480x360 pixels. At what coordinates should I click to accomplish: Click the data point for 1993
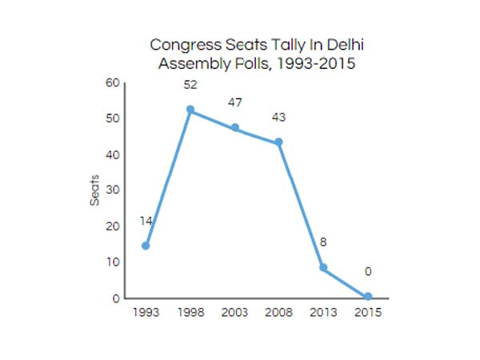(146, 246)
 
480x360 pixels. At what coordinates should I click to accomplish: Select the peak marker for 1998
(190, 110)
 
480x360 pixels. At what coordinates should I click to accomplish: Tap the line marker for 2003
(234, 127)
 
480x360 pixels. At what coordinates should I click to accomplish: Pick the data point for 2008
(279, 142)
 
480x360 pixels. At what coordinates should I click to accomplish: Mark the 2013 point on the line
(323, 268)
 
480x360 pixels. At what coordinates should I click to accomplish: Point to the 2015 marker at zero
(367, 297)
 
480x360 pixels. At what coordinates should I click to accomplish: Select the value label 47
(234, 102)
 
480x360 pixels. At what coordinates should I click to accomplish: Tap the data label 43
(278, 118)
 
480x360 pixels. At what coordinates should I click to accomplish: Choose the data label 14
(146, 222)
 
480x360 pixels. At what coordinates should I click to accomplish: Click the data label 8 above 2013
(323, 242)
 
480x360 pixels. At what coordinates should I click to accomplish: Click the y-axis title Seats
(94, 190)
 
